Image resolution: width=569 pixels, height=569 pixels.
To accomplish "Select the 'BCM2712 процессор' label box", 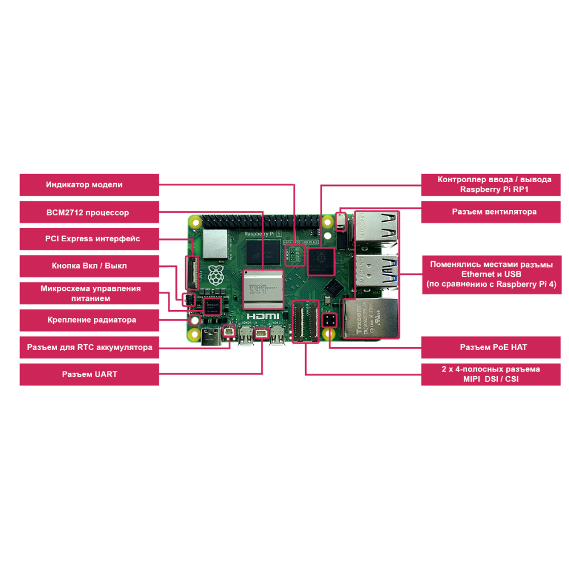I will (x=89, y=212).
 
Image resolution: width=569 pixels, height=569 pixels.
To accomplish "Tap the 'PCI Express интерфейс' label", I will (x=89, y=239).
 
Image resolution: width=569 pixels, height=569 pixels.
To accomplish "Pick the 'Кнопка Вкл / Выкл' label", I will (x=89, y=266).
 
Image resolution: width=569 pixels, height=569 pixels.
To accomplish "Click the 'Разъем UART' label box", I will (x=89, y=374).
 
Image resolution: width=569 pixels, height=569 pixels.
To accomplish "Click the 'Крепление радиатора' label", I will (x=89, y=320).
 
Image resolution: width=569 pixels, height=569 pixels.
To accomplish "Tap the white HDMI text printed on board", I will (x=263, y=316).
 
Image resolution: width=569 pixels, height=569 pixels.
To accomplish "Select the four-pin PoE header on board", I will (x=329, y=320).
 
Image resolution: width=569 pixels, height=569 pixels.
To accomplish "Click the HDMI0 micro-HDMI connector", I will (x=246, y=337).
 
